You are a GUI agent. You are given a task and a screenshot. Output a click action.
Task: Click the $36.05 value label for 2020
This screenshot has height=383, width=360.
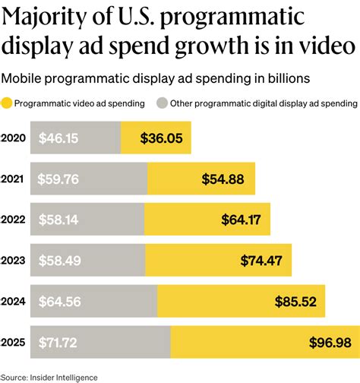tap(161, 138)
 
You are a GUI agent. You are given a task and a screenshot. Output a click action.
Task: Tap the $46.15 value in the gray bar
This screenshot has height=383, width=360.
tap(55, 138)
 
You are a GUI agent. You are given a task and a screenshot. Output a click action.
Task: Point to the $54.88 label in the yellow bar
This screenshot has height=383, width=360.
tap(223, 179)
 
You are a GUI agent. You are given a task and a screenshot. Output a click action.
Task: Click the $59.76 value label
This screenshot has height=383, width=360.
tap(55, 179)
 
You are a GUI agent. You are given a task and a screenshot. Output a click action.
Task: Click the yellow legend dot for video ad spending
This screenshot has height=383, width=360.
tap(8, 103)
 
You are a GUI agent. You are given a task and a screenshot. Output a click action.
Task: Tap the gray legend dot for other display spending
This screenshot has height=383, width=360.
tap(161, 103)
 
